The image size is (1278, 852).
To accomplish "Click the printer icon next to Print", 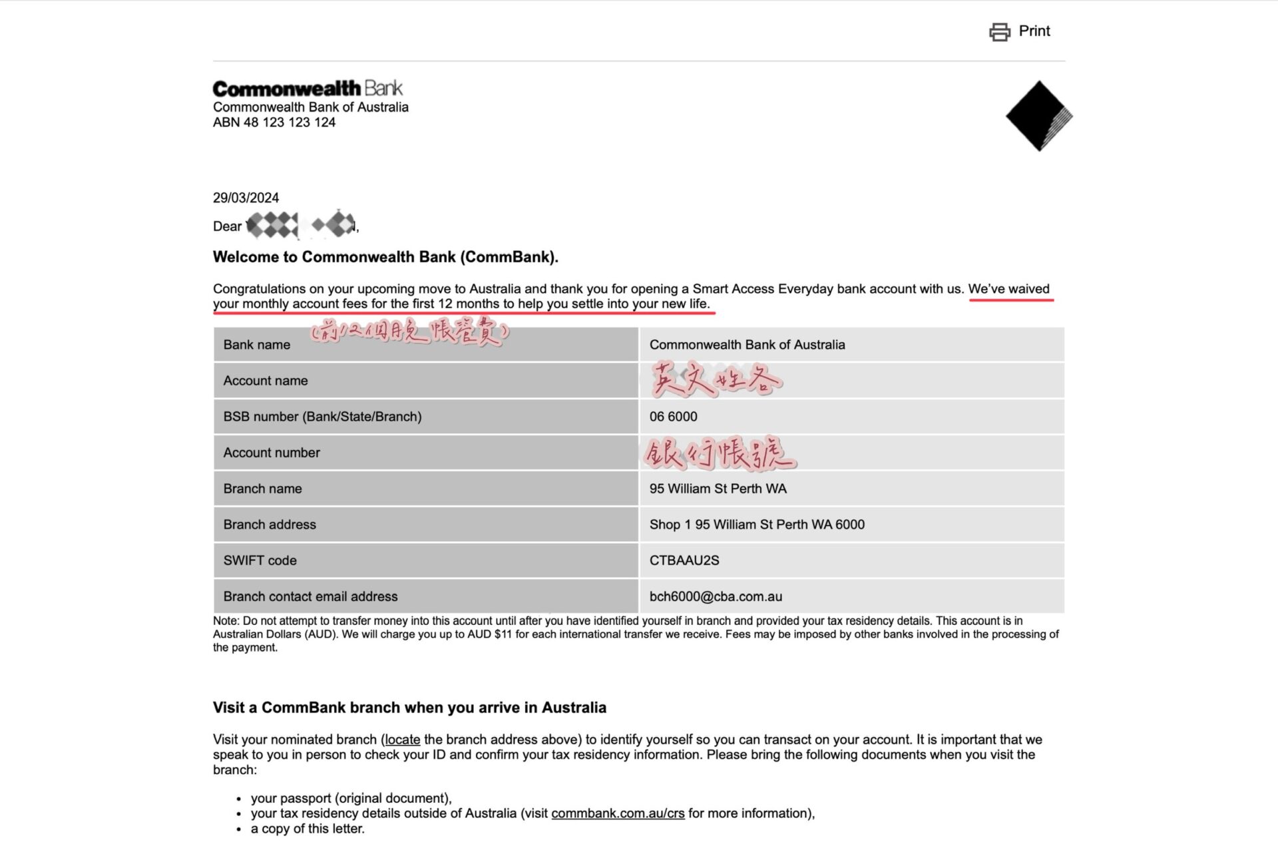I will (999, 32).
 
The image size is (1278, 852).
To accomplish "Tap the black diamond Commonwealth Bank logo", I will (1038, 116).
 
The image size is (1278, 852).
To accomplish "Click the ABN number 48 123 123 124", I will (274, 122).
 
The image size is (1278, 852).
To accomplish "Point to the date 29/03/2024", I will (246, 198).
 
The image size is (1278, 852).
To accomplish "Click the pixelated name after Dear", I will (301, 225).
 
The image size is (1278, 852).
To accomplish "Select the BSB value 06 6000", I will (673, 417).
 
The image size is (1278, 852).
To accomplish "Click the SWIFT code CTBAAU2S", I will (684, 560).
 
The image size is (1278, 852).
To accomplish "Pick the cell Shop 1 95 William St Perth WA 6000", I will (757, 525).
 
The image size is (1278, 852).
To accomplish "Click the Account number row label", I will (272, 453).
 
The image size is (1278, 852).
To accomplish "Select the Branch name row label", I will (262, 489).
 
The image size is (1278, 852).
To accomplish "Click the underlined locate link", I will (402, 740).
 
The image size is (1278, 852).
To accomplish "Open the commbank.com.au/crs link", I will (618, 813).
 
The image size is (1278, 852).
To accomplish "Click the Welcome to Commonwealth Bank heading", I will (385, 257).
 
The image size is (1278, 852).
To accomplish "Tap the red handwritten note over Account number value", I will (720, 453).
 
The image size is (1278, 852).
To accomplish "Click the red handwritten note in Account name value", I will (716, 380).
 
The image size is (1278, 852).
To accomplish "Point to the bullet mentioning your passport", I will (351, 798).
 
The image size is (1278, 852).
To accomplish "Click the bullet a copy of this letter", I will (308, 829).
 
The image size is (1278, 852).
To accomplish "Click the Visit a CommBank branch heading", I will (409, 708).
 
